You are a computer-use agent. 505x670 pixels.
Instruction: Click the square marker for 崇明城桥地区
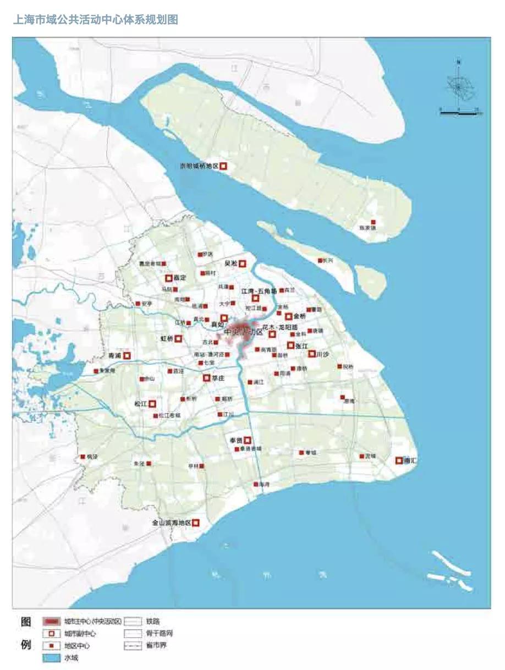(224, 166)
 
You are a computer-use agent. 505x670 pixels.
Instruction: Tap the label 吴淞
(230, 263)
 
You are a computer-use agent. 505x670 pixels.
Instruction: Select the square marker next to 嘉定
(168, 278)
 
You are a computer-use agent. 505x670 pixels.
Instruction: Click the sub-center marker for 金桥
(288, 316)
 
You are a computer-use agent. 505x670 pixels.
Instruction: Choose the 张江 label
(301, 346)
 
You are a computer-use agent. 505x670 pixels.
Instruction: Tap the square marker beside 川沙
(311, 354)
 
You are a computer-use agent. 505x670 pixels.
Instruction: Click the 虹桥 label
(167, 338)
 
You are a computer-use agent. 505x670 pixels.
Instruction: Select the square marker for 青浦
(127, 355)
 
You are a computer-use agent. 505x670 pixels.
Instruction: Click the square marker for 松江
(152, 403)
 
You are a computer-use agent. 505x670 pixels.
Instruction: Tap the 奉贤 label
(235, 440)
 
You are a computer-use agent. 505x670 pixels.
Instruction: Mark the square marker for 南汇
(399, 460)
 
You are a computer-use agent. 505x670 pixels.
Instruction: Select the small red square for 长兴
(320, 260)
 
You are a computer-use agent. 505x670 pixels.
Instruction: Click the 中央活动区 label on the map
(243, 332)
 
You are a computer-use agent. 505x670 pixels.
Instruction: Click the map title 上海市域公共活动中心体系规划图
(95, 20)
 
